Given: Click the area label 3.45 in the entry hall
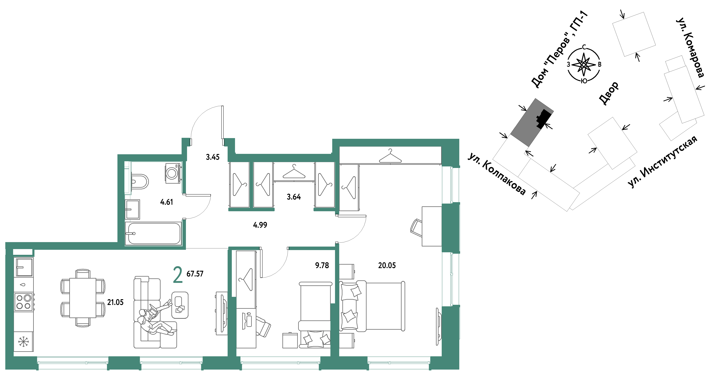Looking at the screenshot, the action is [x=213, y=157].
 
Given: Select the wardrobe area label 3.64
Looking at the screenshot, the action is [x=294, y=197].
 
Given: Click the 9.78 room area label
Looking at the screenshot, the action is [x=322, y=265].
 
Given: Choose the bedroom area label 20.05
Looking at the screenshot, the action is [x=387, y=265].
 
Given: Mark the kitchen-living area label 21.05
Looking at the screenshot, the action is [x=115, y=302].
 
